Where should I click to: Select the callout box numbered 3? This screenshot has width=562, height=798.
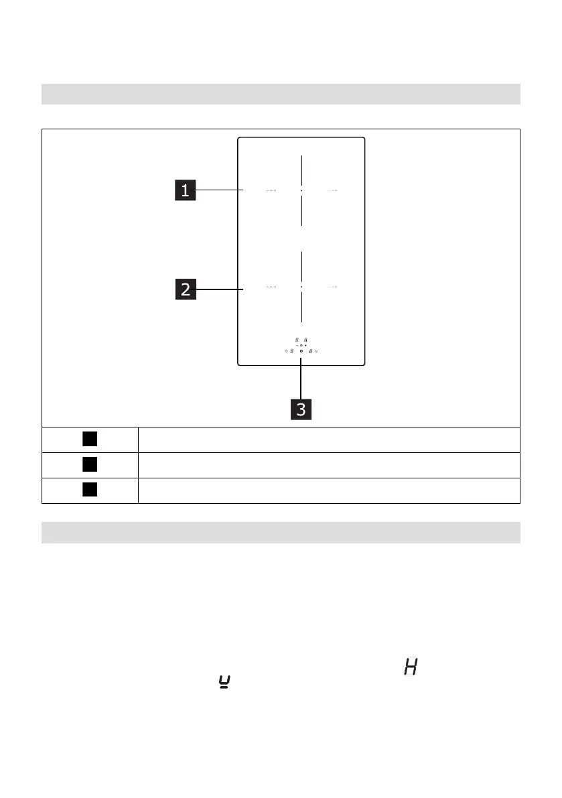pyautogui.click(x=301, y=409)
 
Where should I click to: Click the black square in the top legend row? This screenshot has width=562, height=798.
pyautogui.click(x=90, y=439)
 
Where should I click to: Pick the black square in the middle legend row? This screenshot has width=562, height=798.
pyautogui.click(x=90, y=464)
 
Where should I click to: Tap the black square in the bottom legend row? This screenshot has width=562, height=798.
pyautogui.click(x=90, y=490)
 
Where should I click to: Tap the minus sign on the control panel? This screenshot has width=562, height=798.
pyautogui.click(x=296, y=345)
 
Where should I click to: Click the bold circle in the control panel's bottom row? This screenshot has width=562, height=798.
pyautogui.click(x=301, y=351)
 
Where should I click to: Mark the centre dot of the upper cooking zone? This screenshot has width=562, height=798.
pyautogui.click(x=301, y=191)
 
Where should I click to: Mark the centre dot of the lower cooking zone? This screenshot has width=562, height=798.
pyautogui.click(x=301, y=287)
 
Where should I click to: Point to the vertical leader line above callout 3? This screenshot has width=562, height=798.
pyautogui.click(x=301, y=379)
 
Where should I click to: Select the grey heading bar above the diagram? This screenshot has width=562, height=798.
pyautogui.click(x=281, y=94)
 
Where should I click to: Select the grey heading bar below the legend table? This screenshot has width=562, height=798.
pyautogui.click(x=281, y=532)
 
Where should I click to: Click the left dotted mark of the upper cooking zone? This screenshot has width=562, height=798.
pyautogui.click(x=271, y=191)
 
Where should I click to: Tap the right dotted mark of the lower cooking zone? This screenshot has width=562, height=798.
pyautogui.click(x=332, y=287)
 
